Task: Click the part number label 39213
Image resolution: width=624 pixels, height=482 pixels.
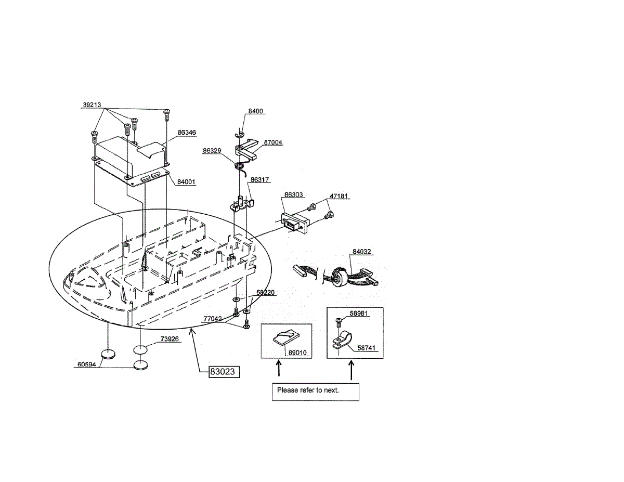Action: coord(92,105)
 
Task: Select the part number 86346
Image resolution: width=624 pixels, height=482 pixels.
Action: coord(187,133)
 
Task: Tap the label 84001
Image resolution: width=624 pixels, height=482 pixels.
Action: coord(187,181)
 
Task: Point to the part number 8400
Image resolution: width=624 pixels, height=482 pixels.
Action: coord(256,111)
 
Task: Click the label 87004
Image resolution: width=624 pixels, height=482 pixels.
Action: coord(273,142)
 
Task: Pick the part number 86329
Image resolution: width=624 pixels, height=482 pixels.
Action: coord(212,150)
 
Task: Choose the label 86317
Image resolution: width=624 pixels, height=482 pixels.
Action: coord(259,180)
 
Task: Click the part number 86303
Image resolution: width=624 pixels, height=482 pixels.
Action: coord(293,194)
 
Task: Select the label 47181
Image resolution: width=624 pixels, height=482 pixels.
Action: coord(339,197)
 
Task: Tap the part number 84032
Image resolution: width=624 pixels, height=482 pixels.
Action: coord(362,252)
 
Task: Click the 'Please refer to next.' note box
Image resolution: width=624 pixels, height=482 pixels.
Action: coord(316,391)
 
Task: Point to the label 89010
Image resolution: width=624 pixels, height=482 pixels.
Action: coord(297,353)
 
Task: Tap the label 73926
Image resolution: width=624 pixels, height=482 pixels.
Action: coord(170,338)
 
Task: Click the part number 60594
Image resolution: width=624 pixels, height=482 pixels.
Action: coord(87,364)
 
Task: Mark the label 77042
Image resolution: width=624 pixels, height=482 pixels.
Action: coord(212,318)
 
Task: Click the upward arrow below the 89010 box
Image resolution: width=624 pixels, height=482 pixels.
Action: coord(279,368)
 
